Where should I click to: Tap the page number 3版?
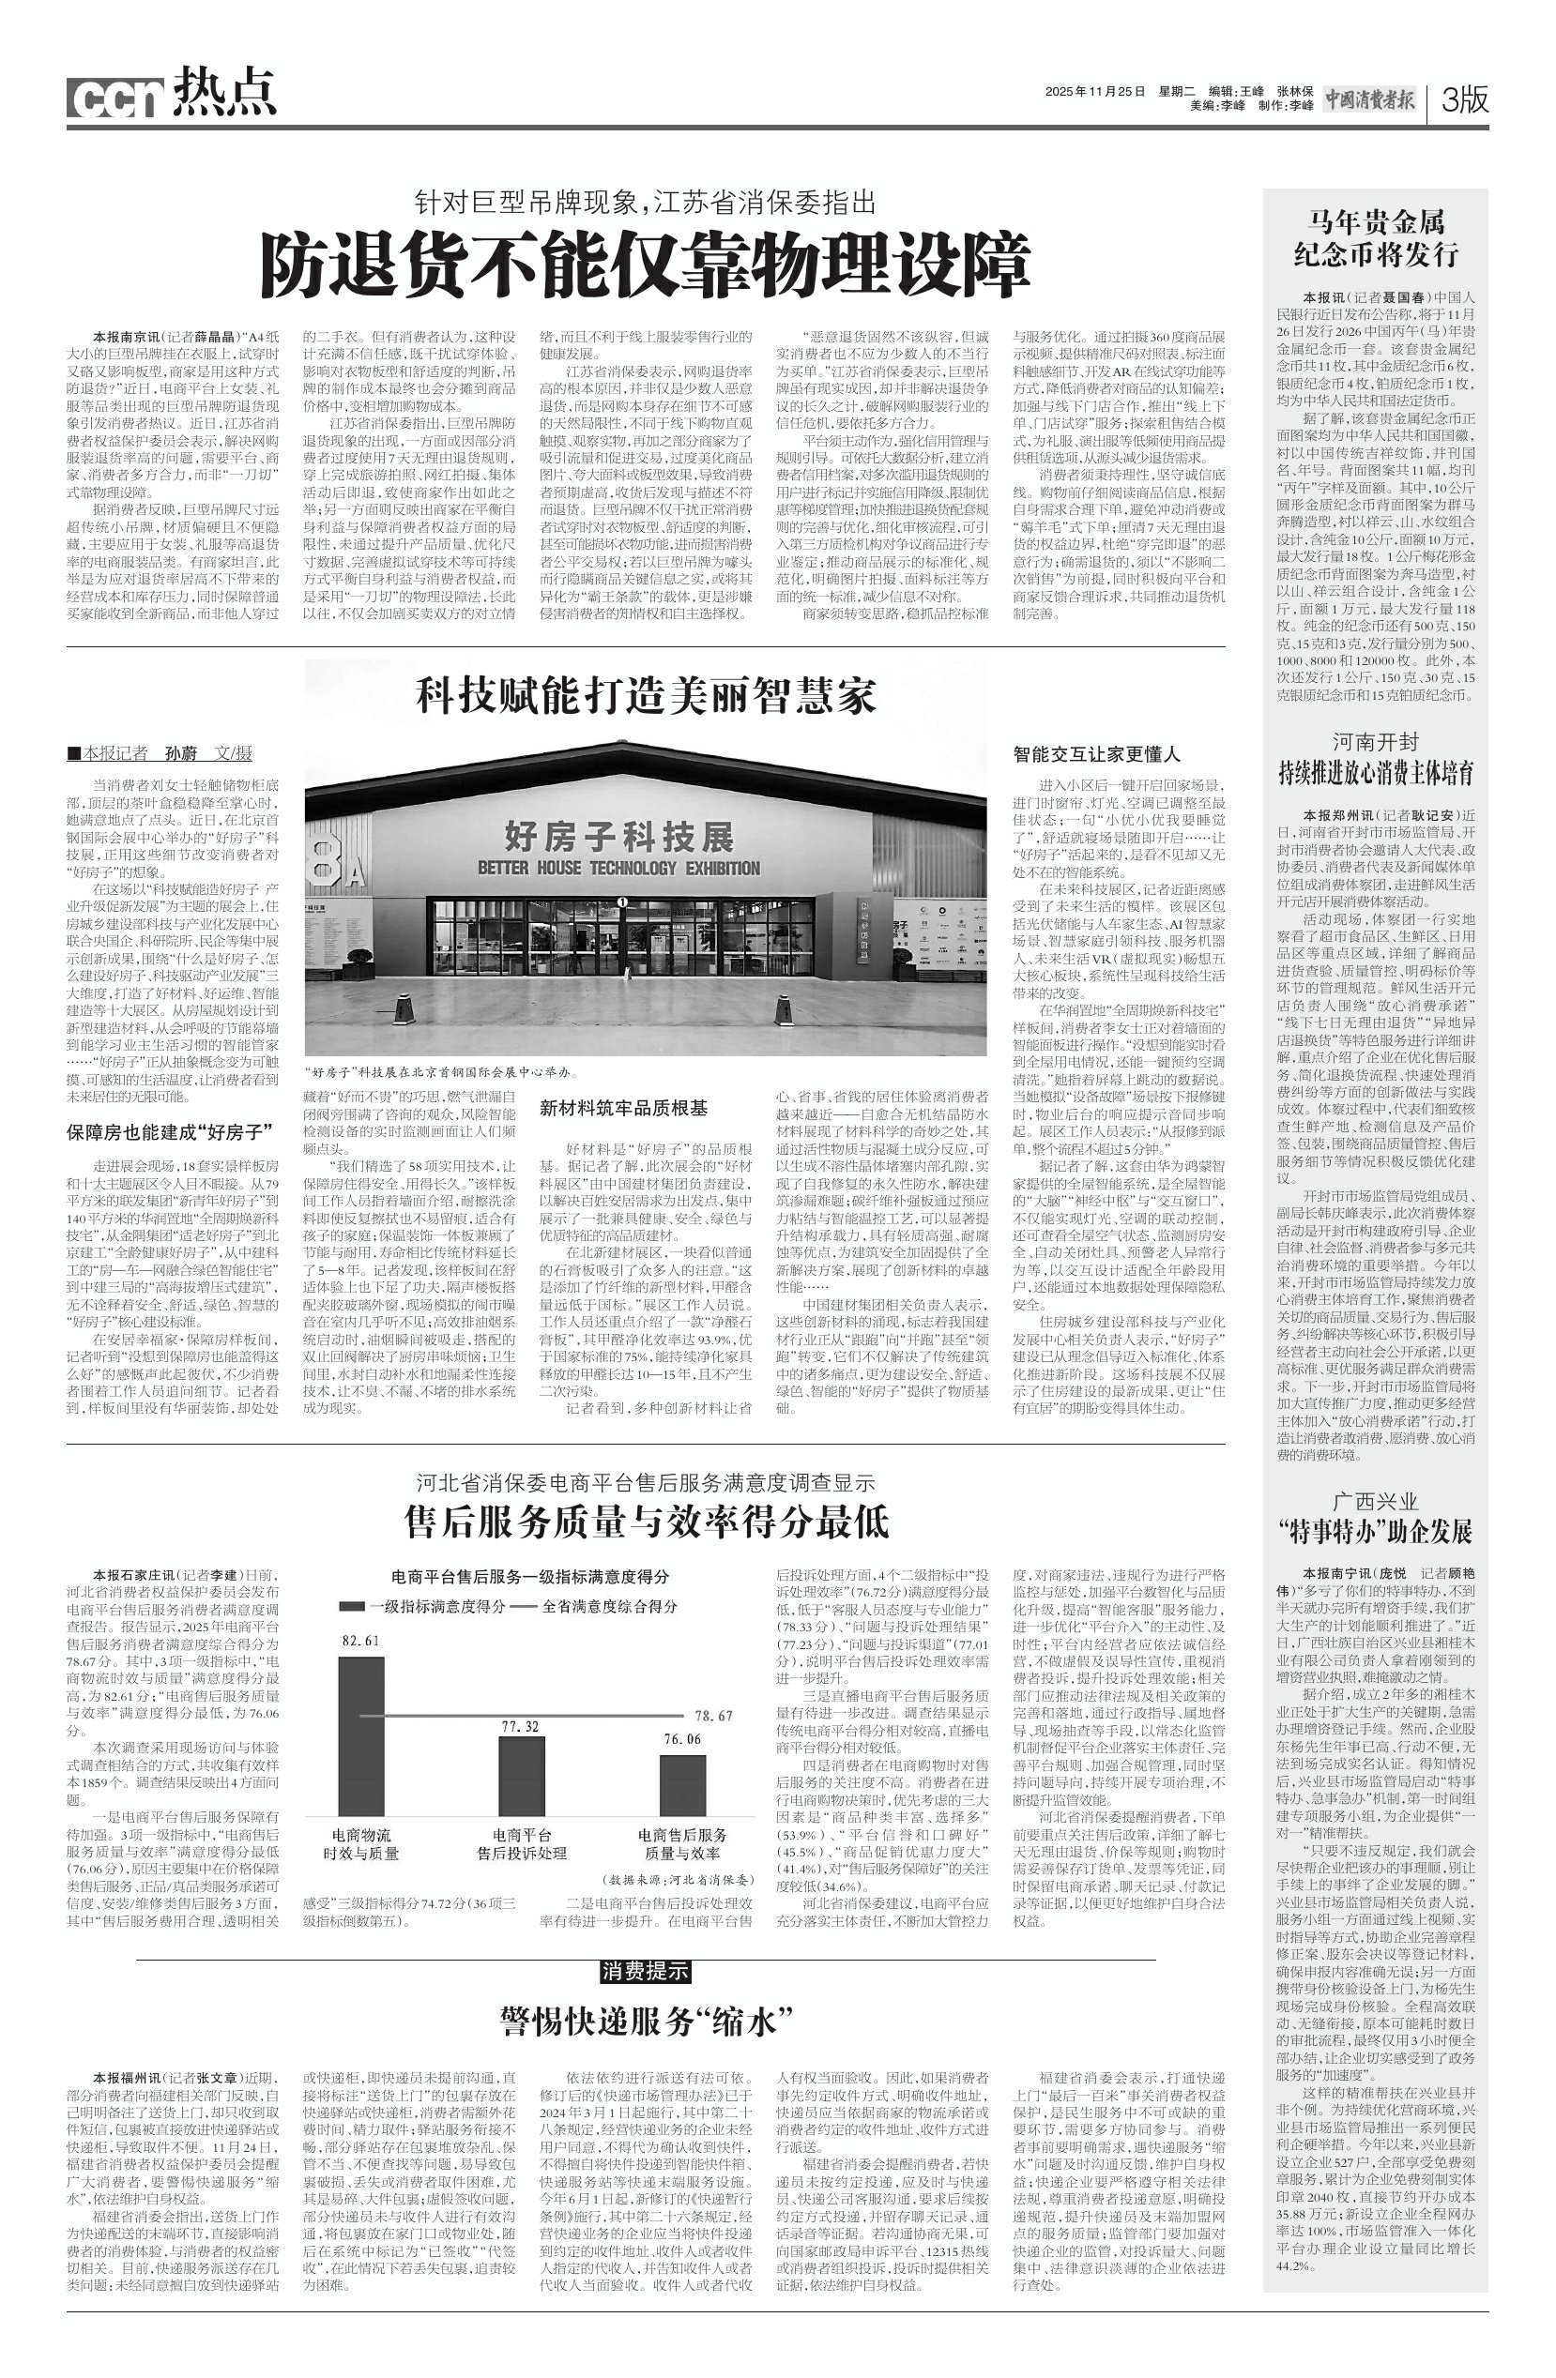[x=1465, y=98]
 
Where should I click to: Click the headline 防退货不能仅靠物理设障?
[x=645, y=264]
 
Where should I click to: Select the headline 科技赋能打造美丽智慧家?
[x=646, y=695]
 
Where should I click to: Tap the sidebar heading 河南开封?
[x=1375, y=741]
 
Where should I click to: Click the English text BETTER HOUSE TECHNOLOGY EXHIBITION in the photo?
[x=618, y=868]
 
